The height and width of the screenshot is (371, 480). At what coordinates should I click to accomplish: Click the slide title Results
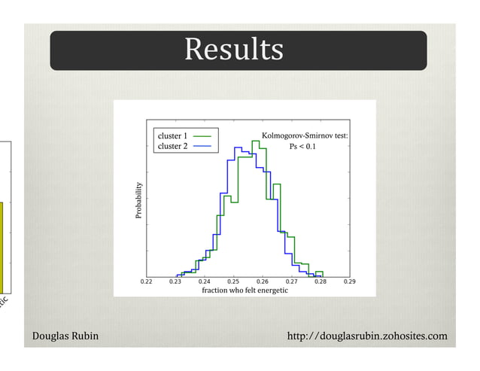coord(234,50)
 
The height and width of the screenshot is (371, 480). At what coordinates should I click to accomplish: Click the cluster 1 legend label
coord(172,135)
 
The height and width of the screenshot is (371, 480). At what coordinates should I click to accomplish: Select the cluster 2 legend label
coord(172,146)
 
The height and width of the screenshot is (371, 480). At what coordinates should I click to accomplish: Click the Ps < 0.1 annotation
coord(303,147)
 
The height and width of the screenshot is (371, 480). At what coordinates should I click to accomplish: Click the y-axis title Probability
coord(138,200)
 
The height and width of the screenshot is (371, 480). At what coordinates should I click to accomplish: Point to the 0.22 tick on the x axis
coord(146,281)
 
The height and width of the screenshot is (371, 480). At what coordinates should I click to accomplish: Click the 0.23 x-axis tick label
coord(175,281)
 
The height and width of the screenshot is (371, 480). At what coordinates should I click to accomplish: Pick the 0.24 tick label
coord(204,281)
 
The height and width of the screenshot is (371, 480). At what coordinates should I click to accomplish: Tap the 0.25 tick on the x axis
coord(233,281)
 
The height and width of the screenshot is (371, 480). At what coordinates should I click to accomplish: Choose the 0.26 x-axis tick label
coord(262,281)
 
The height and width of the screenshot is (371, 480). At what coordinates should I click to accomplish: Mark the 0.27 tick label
coord(291,281)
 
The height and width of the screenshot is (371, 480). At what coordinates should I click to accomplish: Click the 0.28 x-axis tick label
coord(321,281)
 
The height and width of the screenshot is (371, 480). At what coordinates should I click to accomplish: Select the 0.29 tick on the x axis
coord(349,281)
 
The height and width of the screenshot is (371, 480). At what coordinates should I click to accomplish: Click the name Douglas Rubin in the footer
coord(65,335)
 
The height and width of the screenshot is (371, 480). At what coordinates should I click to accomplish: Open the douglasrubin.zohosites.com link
coord(367,335)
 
